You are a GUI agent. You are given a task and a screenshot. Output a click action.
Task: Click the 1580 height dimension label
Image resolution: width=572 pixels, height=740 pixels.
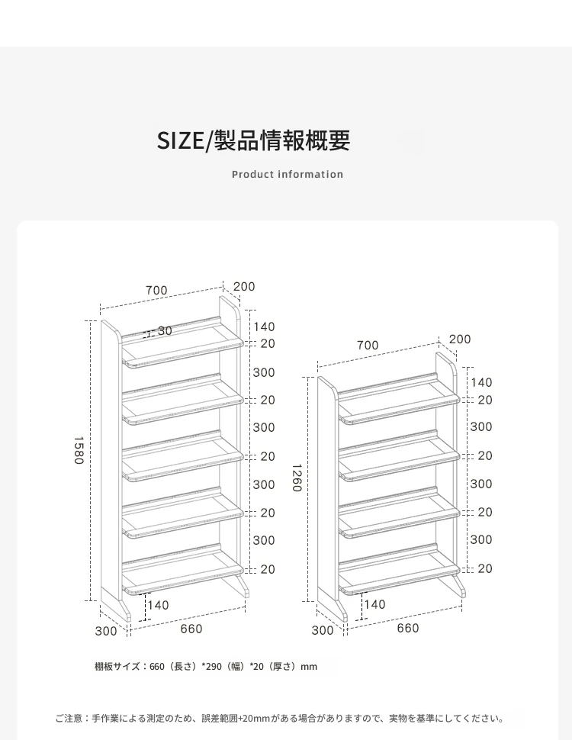point(79,450)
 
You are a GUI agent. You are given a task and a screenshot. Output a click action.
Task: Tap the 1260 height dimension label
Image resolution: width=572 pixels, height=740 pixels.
point(297,478)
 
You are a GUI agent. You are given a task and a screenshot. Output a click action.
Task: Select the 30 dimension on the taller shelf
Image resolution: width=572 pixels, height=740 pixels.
point(165,331)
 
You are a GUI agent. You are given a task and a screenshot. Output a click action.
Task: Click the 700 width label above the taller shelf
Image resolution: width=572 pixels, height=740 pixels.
point(156,290)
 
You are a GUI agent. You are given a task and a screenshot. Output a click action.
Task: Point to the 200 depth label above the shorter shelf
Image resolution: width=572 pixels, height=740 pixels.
point(460,339)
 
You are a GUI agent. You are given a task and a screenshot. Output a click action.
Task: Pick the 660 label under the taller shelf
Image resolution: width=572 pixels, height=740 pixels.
point(191,629)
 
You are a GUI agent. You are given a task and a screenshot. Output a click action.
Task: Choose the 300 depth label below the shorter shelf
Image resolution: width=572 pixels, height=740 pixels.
point(323,630)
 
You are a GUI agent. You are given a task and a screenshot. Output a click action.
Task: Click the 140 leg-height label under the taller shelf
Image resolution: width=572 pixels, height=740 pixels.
point(158,605)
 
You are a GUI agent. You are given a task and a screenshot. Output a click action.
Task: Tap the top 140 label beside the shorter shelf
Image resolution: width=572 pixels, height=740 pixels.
point(481,382)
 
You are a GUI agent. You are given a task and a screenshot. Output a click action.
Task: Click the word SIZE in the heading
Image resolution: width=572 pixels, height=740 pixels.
point(180,140)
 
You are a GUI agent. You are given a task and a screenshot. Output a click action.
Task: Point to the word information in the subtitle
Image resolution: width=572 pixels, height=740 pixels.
point(310,175)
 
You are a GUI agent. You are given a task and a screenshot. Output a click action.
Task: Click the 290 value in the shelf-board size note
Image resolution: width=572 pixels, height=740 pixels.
point(214,667)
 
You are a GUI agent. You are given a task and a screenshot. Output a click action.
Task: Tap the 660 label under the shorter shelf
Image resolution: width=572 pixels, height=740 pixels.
point(408,628)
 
